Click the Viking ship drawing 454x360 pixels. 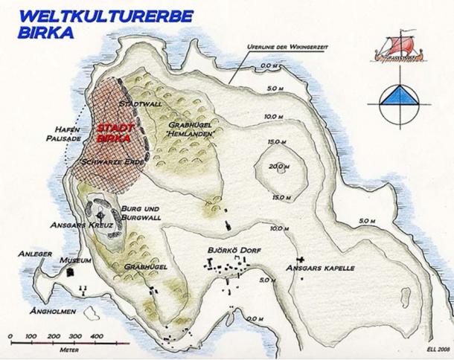(401, 47)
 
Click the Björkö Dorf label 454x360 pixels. (237, 251)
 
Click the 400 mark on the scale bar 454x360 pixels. (97, 337)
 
